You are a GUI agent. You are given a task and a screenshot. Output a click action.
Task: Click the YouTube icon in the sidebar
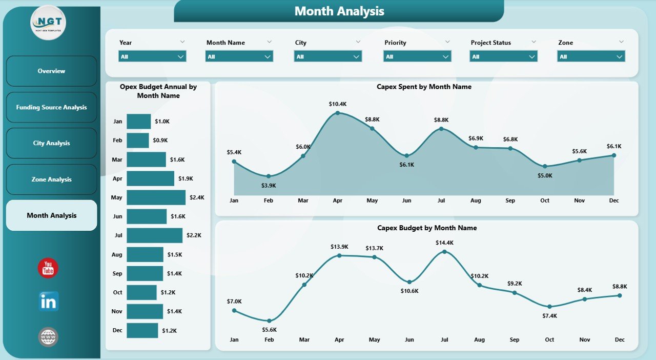tap(48, 268)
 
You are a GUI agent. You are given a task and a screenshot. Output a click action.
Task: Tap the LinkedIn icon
tap(49, 302)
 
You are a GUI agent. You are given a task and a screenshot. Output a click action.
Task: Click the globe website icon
tap(48, 337)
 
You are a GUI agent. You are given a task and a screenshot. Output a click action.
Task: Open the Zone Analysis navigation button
tap(51, 179)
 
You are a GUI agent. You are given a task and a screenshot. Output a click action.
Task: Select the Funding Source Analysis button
tap(51, 107)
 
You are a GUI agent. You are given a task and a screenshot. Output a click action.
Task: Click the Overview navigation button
tap(51, 71)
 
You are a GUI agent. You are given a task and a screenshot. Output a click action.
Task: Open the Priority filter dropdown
tap(417, 56)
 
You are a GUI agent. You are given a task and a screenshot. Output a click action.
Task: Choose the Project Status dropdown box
tap(503, 56)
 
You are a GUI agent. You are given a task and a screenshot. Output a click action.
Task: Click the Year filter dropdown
tap(152, 56)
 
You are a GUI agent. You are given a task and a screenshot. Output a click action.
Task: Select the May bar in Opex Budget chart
tap(156, 197)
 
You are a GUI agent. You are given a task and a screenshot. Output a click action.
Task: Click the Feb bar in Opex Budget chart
tap(137, 141)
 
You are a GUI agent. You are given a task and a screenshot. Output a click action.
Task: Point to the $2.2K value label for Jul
tap(194, 235)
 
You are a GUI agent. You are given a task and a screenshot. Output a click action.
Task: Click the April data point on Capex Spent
tap(337, 113)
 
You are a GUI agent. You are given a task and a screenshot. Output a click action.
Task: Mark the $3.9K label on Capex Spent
tap(269, 185)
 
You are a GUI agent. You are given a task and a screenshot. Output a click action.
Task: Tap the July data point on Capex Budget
tap(444, 252)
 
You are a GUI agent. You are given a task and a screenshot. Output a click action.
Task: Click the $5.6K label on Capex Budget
tap(269, 330)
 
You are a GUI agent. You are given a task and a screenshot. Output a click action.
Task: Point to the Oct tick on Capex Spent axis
tap(544, 201)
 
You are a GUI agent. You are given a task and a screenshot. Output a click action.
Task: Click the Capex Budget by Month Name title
tap(427, 228)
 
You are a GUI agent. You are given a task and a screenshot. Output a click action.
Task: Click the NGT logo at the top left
tap(48, 23)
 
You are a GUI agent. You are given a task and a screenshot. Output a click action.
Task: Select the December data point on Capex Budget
tap(619, 295)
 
